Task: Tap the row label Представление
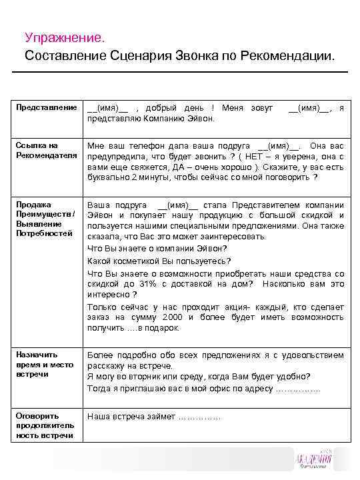pyautogui.click(x=46, y=107)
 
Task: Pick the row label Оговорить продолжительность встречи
pyautogui.click(x=45, y=425)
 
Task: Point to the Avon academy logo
pyautogui.click(x=317, y=460)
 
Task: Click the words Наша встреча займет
pyautogui.click(x=132, y=417)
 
